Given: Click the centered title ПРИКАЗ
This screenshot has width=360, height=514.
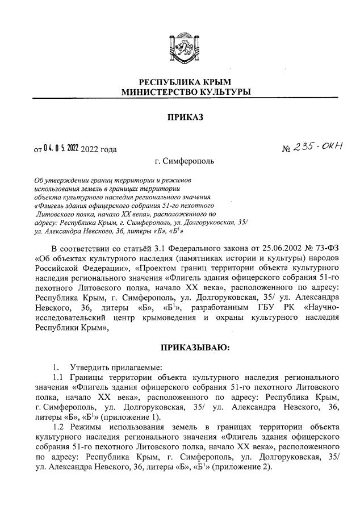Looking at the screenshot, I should click(180, 118).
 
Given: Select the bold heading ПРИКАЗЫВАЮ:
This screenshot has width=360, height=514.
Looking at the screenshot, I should click(180, 348).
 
